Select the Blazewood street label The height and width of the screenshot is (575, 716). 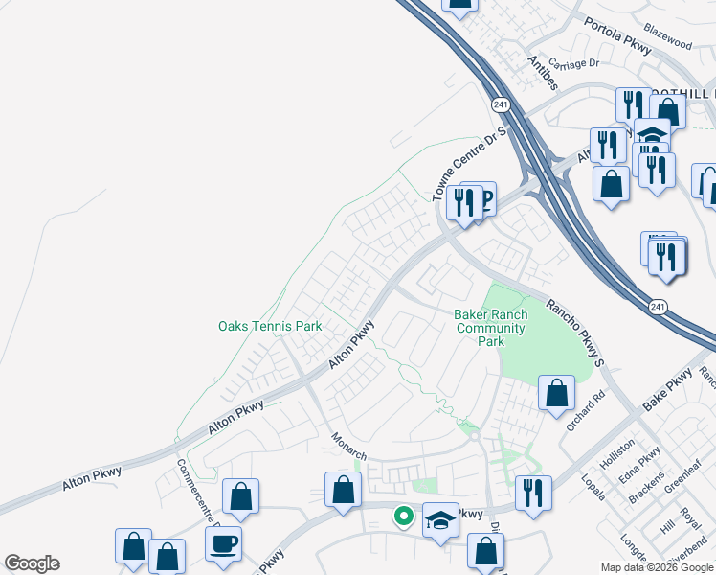click(x=668, y=44)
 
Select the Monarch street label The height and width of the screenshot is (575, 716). click(x=349, y=443)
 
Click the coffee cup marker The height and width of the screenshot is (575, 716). click(x=224, y=542)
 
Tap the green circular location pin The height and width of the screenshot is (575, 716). click(x=404, y=517)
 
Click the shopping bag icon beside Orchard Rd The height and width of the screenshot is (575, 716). click(x=556, y=392)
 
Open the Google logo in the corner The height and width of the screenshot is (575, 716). click(x=32, y=563)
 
